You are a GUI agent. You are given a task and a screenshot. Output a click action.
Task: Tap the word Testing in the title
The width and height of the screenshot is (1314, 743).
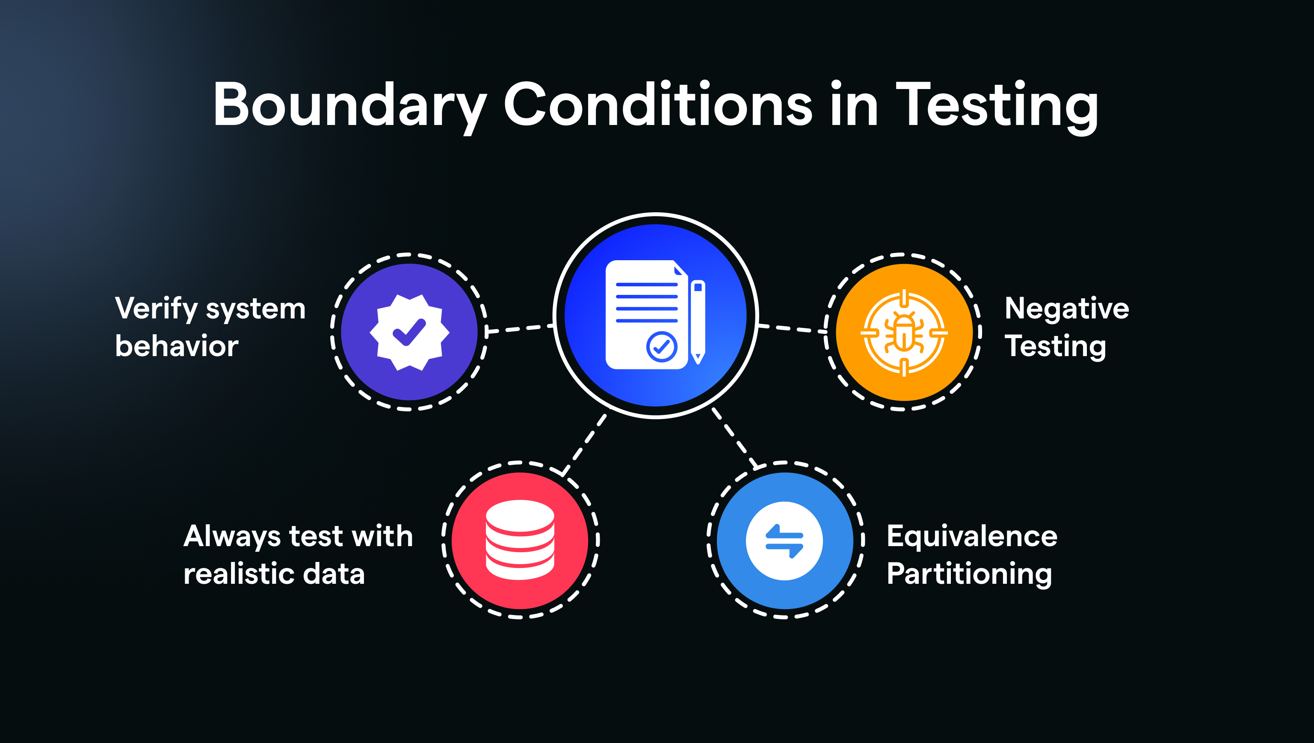(x=997, y=104)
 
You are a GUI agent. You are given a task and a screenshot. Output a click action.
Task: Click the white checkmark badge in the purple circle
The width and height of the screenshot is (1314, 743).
(x=409, y=332)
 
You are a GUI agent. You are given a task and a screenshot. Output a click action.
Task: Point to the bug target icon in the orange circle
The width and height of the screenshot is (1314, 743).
(x=904, y=333)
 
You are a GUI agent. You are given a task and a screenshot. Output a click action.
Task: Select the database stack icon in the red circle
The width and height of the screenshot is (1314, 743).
(x=520, y=540)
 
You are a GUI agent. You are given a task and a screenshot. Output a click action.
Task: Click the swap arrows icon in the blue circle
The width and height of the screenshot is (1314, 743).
(x=784, y=541)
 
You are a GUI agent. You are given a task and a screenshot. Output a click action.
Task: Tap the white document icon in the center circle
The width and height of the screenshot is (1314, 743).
(x=646, y=314)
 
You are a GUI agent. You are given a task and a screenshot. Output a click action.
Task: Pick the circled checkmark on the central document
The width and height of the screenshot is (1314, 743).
(x=661, y=347)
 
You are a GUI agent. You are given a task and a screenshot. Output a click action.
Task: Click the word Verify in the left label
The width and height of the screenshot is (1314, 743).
(x=156, y=309)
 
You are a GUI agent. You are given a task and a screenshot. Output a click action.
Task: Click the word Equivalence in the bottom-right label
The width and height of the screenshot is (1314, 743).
(x=972, y=536)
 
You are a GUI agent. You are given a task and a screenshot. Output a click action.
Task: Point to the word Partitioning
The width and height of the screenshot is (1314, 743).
(x=969, y=574)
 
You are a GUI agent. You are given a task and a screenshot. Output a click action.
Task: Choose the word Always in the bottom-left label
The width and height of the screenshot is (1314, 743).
(x=232, y=537)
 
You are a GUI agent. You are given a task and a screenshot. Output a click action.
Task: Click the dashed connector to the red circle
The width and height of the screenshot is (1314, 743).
(x=585, y=443)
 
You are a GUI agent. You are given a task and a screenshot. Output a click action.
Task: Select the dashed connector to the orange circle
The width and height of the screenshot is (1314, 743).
(x=792, y=329)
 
